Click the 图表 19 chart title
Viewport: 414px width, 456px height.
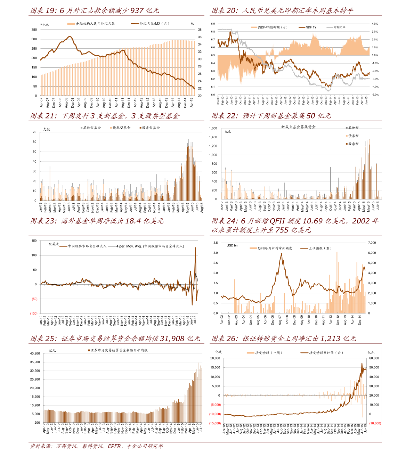95,11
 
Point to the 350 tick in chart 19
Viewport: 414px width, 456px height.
34,30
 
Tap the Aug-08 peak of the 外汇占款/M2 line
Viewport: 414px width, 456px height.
70,36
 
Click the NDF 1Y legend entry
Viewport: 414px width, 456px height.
311,27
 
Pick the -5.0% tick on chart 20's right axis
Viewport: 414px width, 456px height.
375,95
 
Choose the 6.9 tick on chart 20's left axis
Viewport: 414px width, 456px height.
213,24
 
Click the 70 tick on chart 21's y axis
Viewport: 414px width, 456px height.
34,132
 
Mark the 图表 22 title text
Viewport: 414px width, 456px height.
271,116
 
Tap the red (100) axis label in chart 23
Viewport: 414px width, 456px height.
34,313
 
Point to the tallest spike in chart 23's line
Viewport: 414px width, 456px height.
196,247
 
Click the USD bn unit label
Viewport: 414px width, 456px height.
232,245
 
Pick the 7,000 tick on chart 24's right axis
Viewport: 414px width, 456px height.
372,243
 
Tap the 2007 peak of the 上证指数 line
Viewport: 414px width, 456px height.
281,253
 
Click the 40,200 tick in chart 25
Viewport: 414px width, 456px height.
35,353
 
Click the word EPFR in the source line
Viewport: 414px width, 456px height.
114,446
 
